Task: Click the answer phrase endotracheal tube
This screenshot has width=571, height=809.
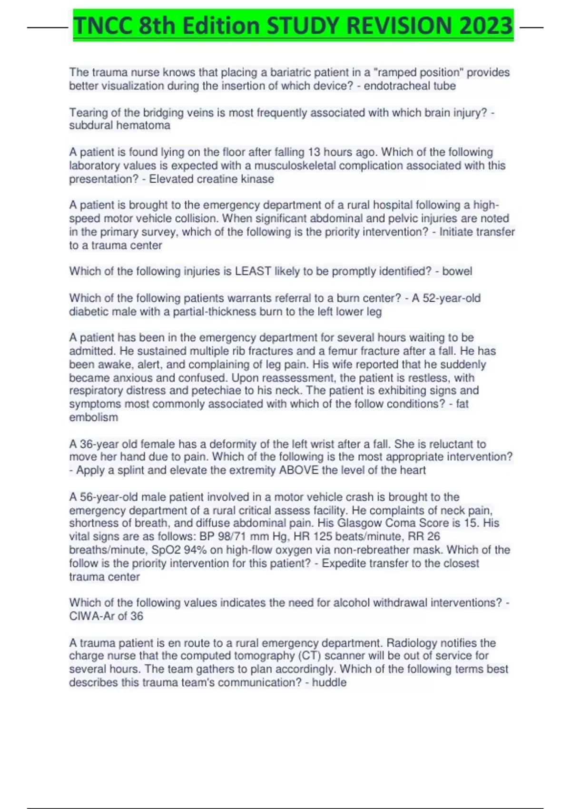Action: pyautogui.click(x=410, y=86)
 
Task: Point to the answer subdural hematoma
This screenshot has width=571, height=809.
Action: pyautogui.click(x=119, y=125)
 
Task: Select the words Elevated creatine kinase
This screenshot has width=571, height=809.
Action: pyautogui.click(x=211, y=179)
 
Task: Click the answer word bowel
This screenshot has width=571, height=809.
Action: pyautogui.click(x=457, y=271)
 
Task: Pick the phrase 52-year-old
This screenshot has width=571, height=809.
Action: pyautogui.click(x=452, y=298)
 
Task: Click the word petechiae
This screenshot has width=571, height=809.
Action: pyautogui.click(x=217, y=391)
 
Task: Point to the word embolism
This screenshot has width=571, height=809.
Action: pyautogui.click(x=93, y=417)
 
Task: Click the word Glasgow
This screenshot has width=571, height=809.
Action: pyautogui.click(x=360, y=523)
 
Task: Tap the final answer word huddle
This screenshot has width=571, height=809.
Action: pyautogui.click(x=329, y=682)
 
